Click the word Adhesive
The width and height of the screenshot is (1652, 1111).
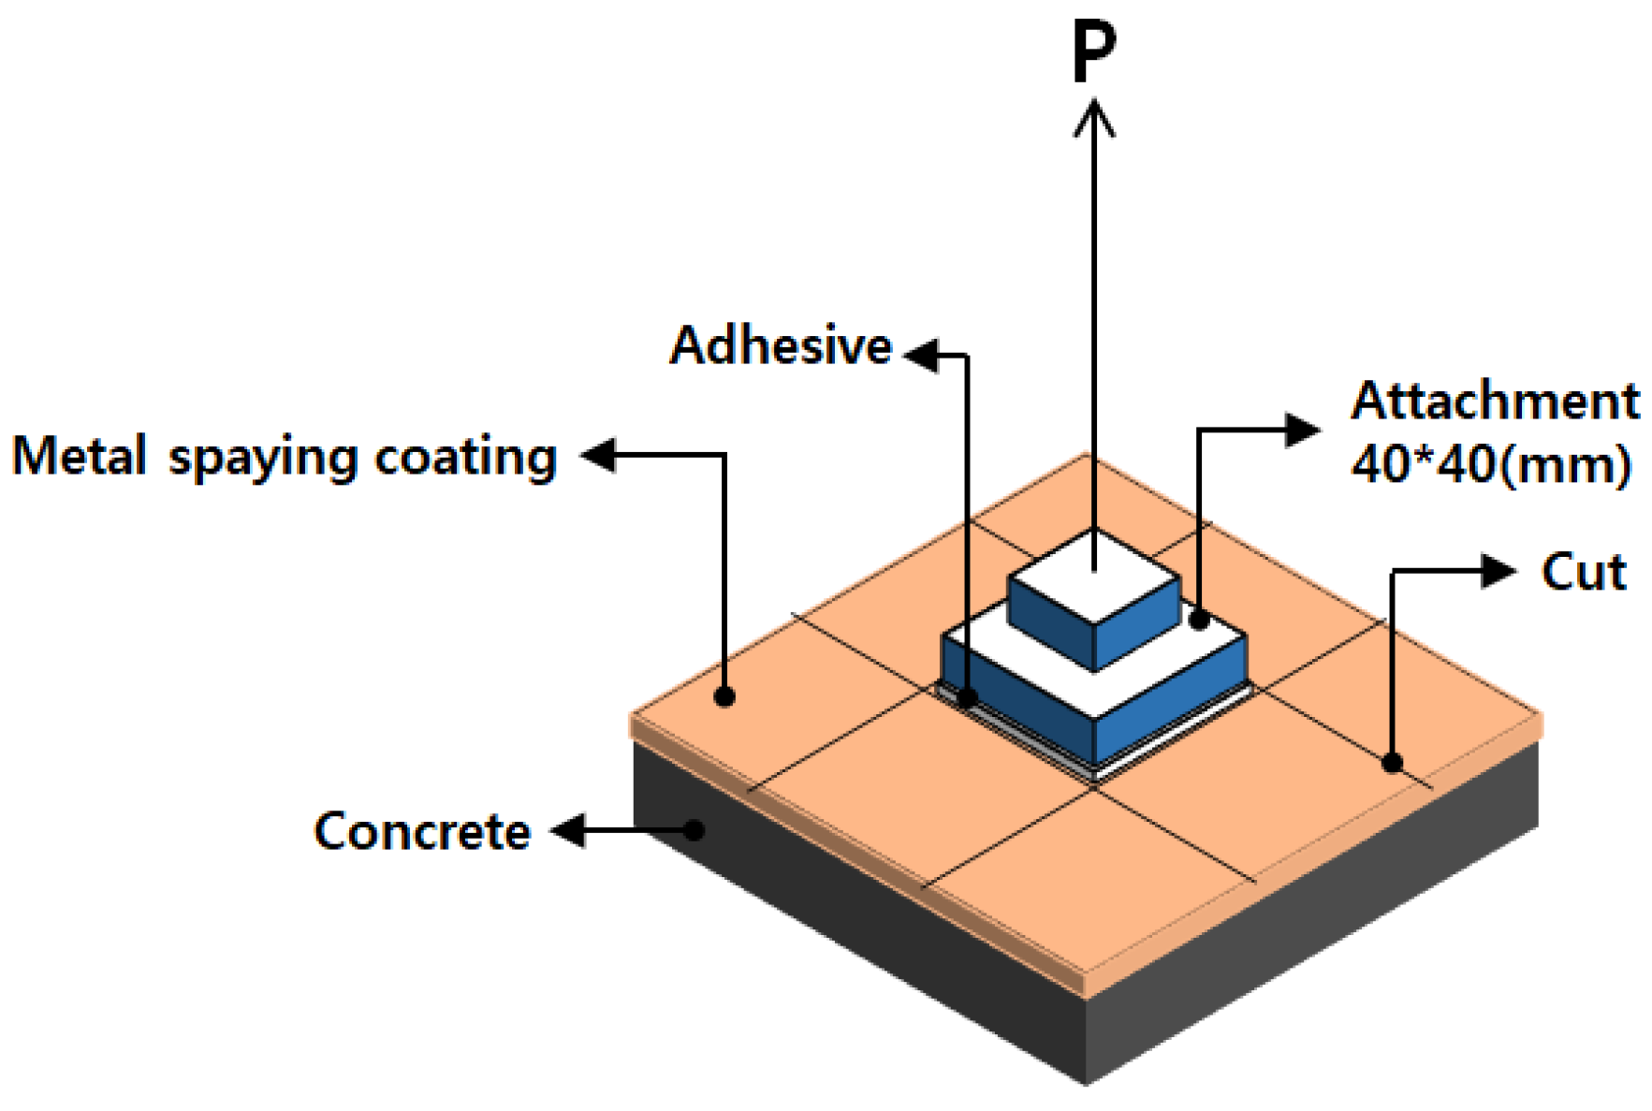[x=781, y=345]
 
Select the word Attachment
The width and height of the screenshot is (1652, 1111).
[x=1494, y=402]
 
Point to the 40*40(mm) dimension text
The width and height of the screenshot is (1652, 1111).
[x=1491, y=464]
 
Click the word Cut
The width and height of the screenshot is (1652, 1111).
[x=1584, y=572]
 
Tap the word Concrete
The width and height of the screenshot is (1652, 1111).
[x=422, y=831]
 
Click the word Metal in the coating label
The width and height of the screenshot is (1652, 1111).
[x=79, y=457]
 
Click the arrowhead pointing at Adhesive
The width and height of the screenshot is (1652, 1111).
[x=921, y=355]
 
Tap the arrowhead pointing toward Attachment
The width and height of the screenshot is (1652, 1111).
[x=1302, y=431]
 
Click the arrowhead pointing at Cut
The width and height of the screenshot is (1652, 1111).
[x=1499, y=571]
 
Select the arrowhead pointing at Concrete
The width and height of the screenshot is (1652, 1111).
[x=568, y=830]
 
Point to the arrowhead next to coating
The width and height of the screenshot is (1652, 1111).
[x=598, y=456]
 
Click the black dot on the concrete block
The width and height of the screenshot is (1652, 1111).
[x=694, y=830]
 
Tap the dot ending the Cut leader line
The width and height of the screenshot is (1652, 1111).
[x=1393, y=763]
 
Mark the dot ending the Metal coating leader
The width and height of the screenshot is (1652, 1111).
[x=724, y=696]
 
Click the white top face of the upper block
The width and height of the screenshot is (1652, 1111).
[x=1094, y=575]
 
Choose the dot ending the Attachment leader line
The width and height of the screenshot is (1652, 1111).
[x=1200, y=620]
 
